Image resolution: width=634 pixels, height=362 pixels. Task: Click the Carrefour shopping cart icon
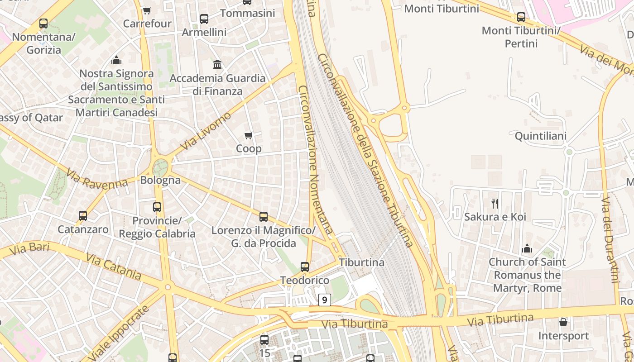[147, 10]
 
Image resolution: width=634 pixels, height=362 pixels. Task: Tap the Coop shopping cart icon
[249, 135]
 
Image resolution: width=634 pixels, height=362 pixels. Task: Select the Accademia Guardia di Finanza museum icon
[217, 65]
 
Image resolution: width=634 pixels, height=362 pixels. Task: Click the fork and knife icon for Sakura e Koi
[495, 204]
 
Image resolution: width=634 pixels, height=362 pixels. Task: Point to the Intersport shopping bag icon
[563, 322]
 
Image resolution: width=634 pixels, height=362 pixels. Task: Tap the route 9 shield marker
[324, 300]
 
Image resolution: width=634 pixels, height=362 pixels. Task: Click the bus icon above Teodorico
[305, 267]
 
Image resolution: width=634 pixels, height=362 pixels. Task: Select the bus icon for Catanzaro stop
[82, 216]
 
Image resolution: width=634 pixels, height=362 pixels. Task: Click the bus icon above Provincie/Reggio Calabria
[157, 207]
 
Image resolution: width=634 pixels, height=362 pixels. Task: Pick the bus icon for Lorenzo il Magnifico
[264, 217]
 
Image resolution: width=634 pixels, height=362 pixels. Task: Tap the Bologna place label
[160, 180]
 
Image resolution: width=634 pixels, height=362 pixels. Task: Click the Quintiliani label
[540, 136]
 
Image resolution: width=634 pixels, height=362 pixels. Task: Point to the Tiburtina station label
[361, 262]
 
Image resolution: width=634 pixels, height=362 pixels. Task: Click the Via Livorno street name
[206, 131]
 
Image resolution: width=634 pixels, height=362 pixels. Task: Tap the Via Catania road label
[114, 266]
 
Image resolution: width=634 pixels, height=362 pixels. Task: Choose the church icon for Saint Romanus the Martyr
[527, 248]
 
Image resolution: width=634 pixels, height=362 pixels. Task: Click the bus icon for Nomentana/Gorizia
[43, 24]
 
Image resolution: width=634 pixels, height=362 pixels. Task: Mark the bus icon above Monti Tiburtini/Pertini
[521, 17]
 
